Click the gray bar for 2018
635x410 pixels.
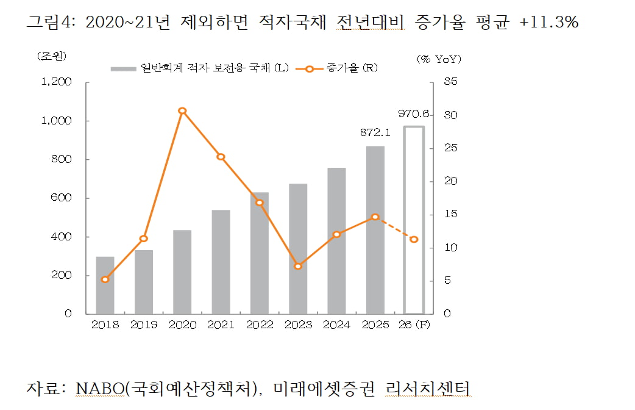coord(105,286)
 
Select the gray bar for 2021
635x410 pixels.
coord(221,262)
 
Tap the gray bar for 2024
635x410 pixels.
coord(336,241)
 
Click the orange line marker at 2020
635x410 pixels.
coord(182,111)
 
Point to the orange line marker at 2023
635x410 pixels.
coord(298,266)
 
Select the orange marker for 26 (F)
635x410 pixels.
coord(414,239)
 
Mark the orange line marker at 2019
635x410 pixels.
coord(144,239)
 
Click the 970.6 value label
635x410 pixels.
coord(414,114)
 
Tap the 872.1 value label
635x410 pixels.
coord(375,132)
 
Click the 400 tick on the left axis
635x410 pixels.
coord(62,237)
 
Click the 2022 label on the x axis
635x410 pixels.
coord(260,325)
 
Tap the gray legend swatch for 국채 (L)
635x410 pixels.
coord(124,69)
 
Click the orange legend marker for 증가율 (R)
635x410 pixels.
coord(310,69)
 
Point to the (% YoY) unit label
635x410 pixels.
coord(439,59)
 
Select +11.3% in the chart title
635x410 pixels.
coord(548,23)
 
